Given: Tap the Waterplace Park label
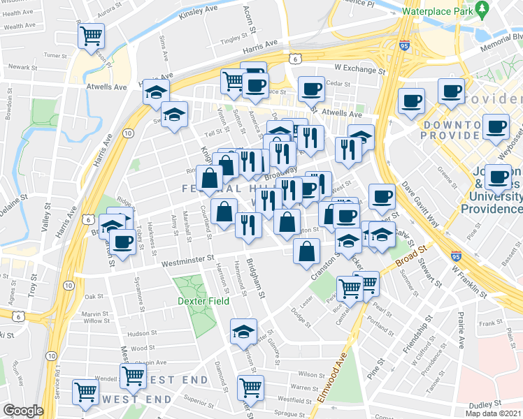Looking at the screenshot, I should (438, 10).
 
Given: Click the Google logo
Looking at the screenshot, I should (23, 411).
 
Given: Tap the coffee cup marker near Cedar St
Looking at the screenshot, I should (311, 89).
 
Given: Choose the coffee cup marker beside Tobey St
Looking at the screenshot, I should (122, 242).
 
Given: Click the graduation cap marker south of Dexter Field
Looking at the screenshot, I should (243, 331).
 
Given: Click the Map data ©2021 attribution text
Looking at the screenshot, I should (494, 413).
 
